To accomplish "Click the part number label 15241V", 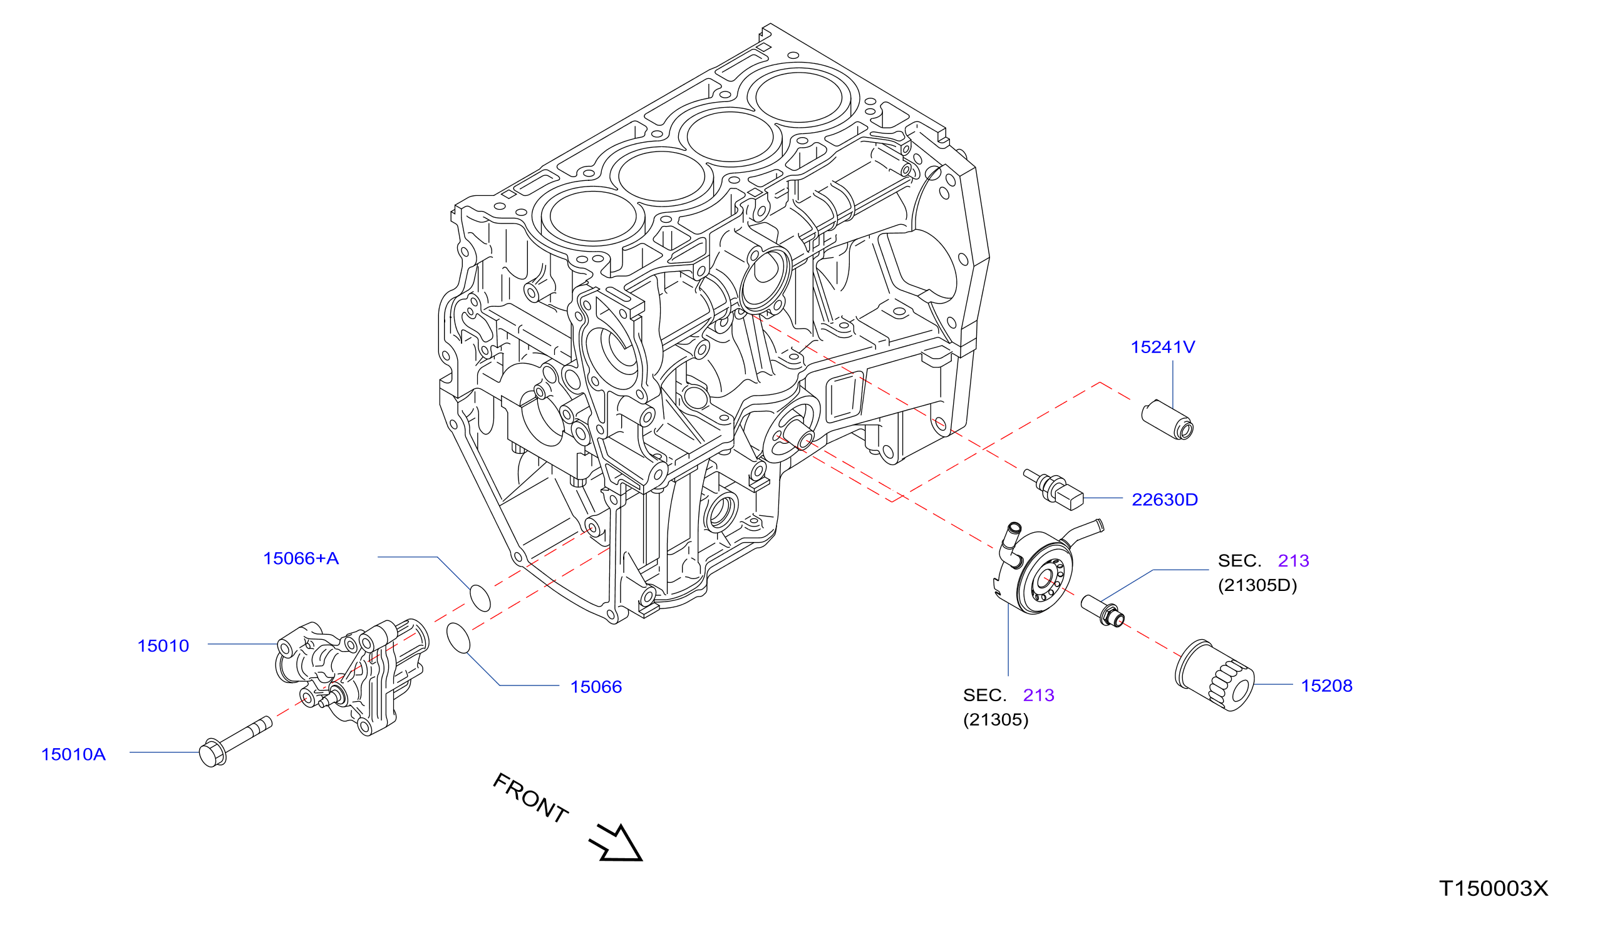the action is pos(1162,347).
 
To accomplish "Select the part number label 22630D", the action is pos(1165,500).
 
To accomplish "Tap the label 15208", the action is pos(1327,686).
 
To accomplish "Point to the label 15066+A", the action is pos(301,558).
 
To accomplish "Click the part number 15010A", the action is pos(73,754).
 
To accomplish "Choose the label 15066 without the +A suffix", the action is pos(596,687).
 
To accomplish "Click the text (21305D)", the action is pos(1257,585).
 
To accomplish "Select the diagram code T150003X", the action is pos(1494,888).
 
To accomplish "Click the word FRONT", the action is pos(531,798).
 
